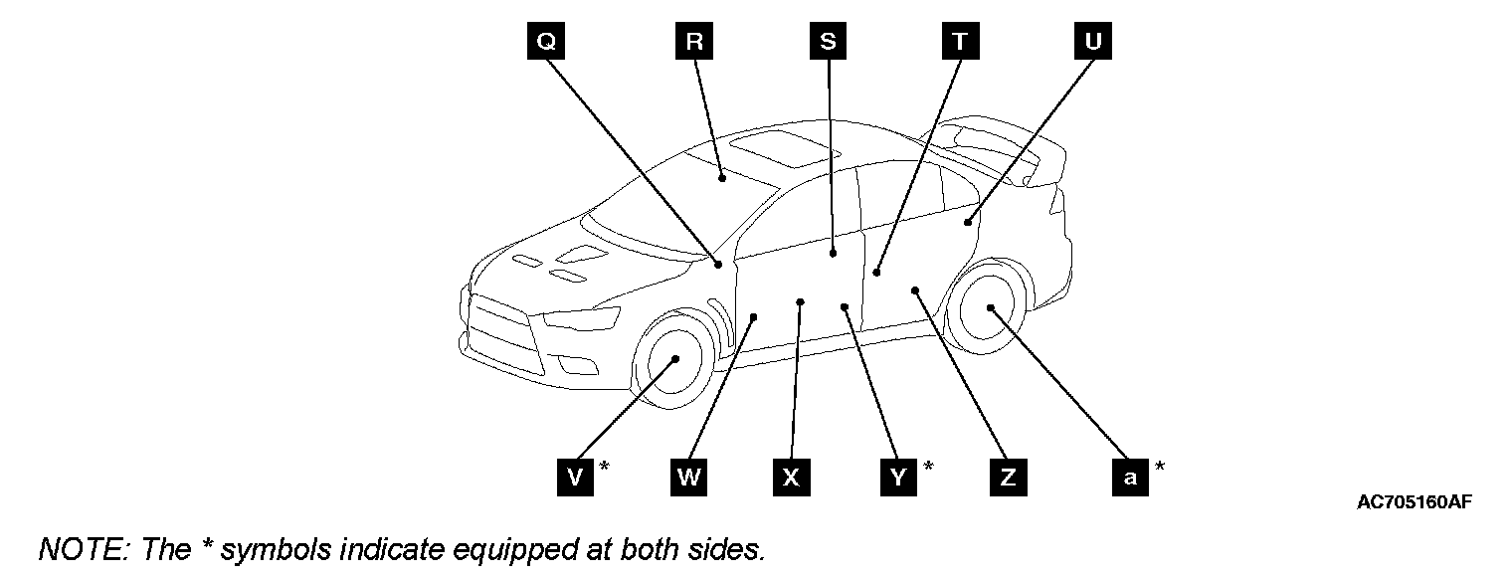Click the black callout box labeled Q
pyautogui.click(x=547, y=42)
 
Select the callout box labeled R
pyautogui.click(x=694, y=42)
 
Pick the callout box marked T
pyautogui.click(x=960, y=42)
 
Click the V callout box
pyautogui.click(x=575, y=477)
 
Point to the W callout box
pyautogui.click(x=689, y=477)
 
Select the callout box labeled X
pyautogui.click(x=791, y=477)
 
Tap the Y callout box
pyautogui.click(x=898, y=477)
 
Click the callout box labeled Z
pyautogui.click(x=1008, y=477)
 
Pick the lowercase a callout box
pyautogui.click(x=1130, y=477)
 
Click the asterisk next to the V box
pyautogui.click(x=604, y=466)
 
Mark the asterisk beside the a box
pyautogui.click(x=1159, y=466)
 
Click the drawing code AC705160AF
pyautogui.click(x=1414, y=502)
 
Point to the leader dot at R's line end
pyautogui.click(x=722, y=178)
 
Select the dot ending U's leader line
pyautogui.click(x=967, y=222)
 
